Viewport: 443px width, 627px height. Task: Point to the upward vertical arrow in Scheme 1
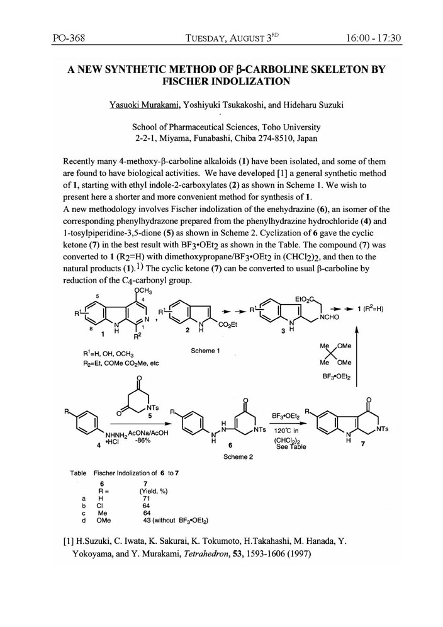point(356,365)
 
